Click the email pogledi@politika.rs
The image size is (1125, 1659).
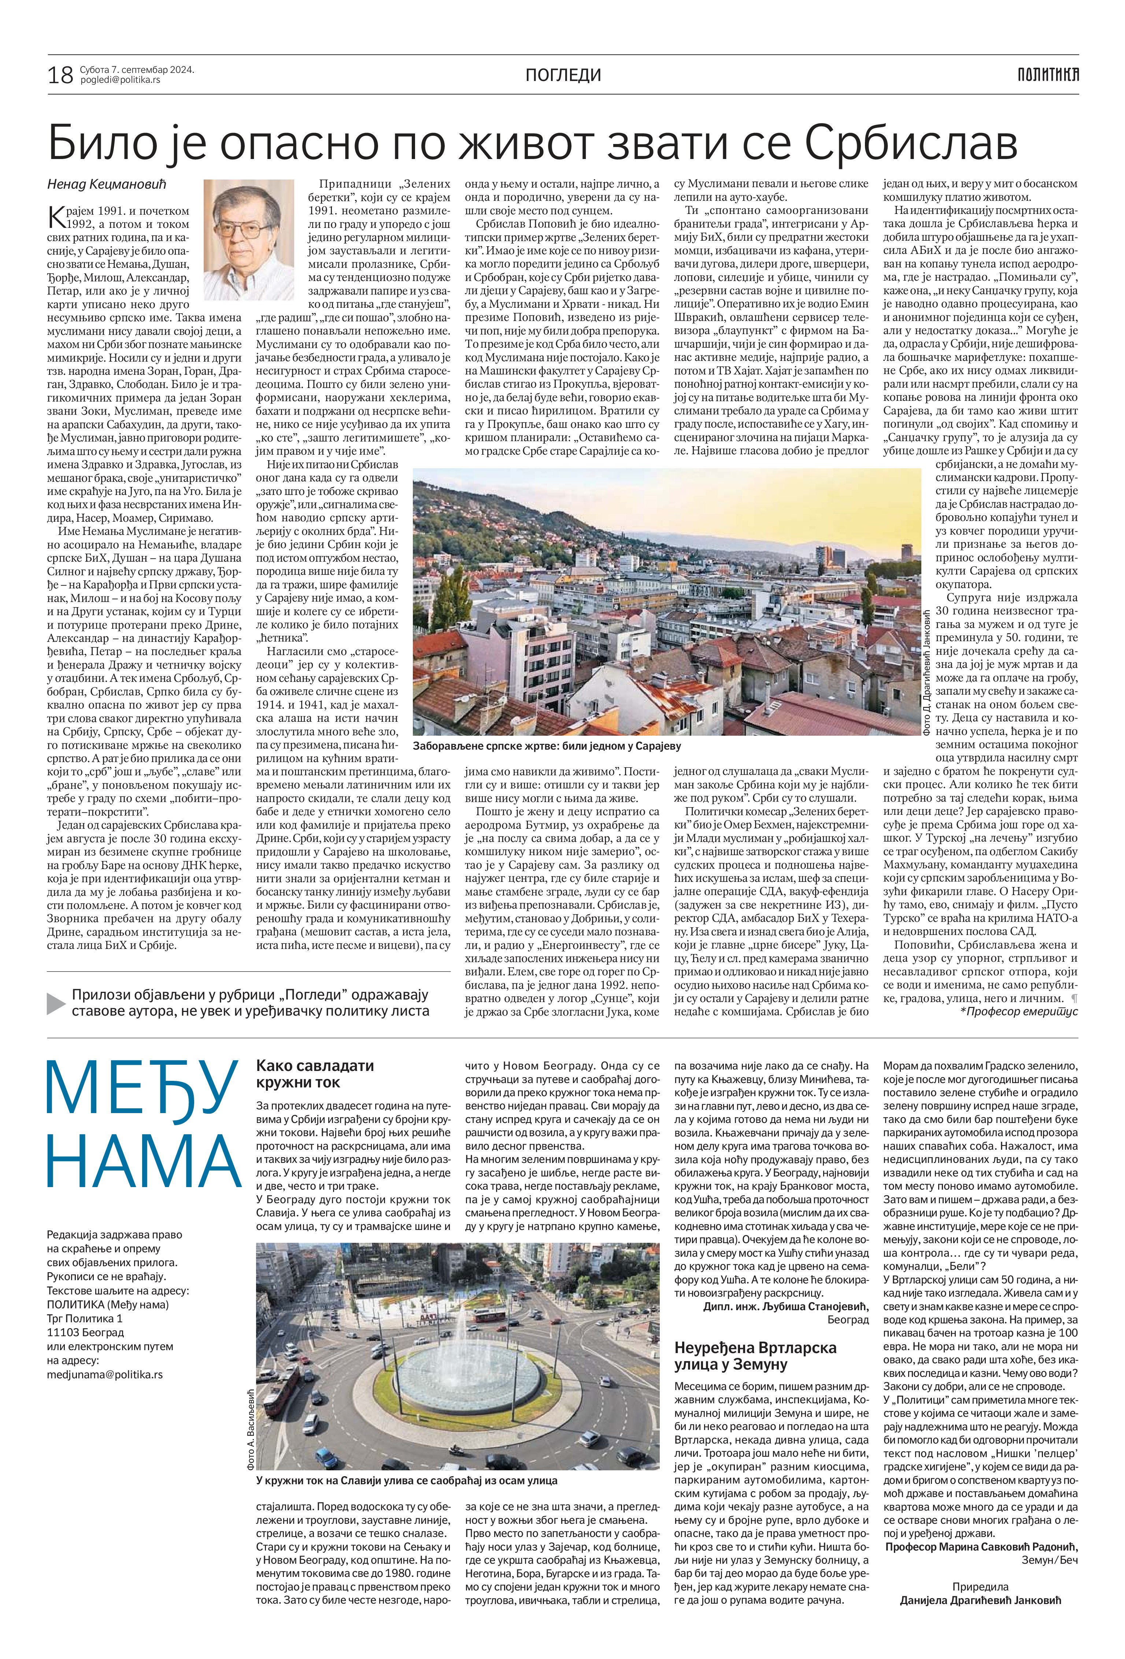click(x=120, y=80)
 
